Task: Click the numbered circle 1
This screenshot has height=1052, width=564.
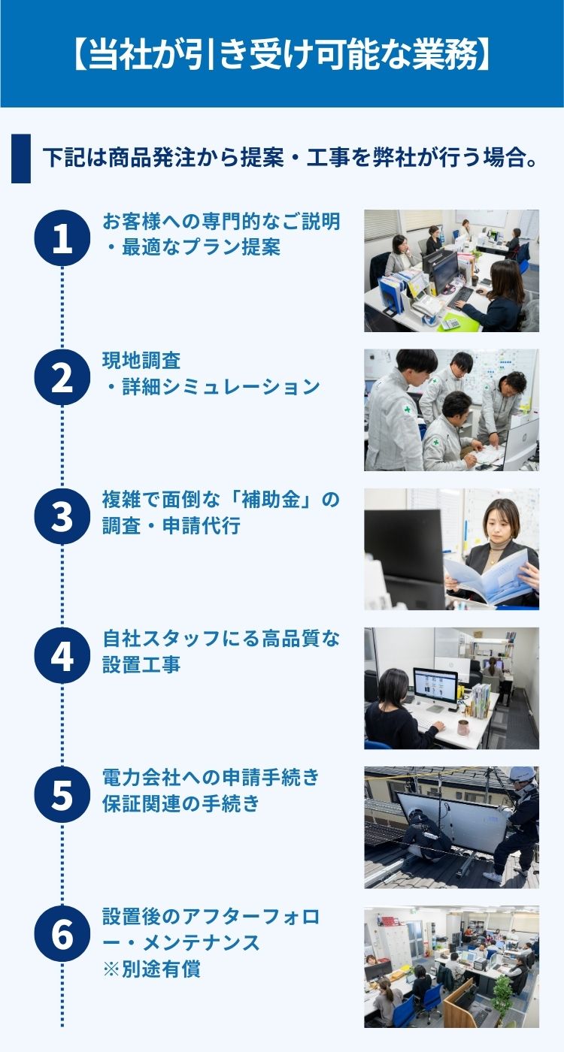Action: coord(62,238)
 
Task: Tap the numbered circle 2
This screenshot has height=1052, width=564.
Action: coord(62,377)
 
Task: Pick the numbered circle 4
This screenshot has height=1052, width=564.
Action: coord(62,655)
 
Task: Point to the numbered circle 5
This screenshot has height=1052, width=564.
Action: coord(62,795)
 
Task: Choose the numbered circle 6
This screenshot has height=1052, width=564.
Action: coord(62,934)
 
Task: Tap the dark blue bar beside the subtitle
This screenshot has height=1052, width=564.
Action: coord(21,159)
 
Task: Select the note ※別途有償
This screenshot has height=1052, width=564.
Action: coord(152,969)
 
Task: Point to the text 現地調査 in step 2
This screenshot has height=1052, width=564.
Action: coord(141,361)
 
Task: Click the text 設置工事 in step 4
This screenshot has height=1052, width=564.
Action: coord(141,665)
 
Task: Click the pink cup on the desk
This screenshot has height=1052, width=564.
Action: coord(463,727)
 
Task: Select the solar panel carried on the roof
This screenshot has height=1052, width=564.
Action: coord(451,821)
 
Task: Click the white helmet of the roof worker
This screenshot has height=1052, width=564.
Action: coord(522,774)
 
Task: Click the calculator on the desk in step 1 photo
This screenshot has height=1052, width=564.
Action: coord(452,322)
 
